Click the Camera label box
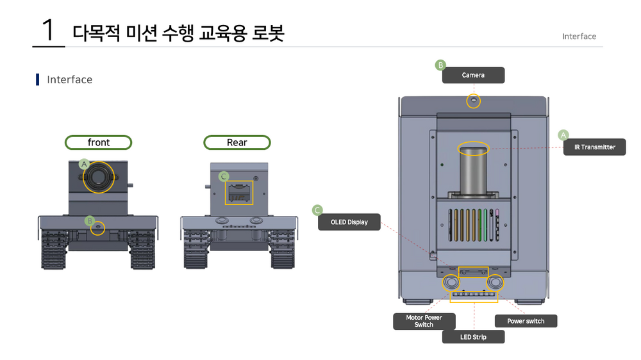473,75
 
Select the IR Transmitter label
594,147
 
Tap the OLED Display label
349,222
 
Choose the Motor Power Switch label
424,321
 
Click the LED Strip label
473,337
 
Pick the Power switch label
526,321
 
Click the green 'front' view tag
99,142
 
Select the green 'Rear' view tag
237,142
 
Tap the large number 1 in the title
48,31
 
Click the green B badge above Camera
440,65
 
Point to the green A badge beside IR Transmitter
563,135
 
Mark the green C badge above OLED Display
317,210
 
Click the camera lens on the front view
99,176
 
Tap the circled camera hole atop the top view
473,101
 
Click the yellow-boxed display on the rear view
238,192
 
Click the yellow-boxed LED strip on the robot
474,297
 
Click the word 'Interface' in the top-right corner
579,37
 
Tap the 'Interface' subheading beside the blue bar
69,79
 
